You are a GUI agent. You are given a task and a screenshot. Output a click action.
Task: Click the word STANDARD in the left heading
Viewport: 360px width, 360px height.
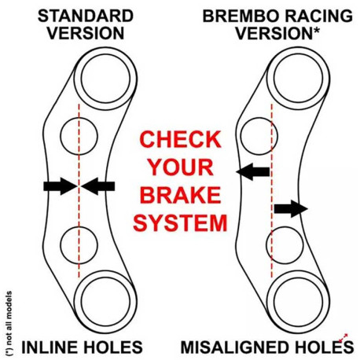(86, 16)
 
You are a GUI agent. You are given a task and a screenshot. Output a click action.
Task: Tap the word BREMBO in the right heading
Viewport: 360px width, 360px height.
(241, 16)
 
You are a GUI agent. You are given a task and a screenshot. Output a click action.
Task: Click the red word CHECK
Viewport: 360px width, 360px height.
(180, 139)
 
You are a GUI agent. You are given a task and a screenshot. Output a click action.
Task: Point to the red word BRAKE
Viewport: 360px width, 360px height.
(181, 196)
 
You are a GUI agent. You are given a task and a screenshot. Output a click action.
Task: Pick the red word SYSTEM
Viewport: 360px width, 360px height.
(180, 222)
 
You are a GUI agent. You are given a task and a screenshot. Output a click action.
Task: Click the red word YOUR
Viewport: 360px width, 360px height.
(181, 167)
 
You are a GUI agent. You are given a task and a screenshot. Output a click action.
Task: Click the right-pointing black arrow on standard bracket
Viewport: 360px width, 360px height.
(61, 186)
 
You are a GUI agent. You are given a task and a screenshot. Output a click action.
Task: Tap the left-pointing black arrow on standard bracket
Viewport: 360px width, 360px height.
(98, 186)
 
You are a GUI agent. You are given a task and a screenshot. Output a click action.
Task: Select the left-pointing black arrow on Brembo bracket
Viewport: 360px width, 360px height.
(253, 172)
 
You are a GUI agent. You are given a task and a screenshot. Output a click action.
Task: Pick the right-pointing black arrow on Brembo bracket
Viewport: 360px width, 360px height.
(291, 209)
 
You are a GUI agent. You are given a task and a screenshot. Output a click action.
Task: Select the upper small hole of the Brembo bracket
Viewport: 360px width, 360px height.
(241, 136)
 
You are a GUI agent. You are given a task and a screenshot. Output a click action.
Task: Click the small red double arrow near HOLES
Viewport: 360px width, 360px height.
(343, 337)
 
